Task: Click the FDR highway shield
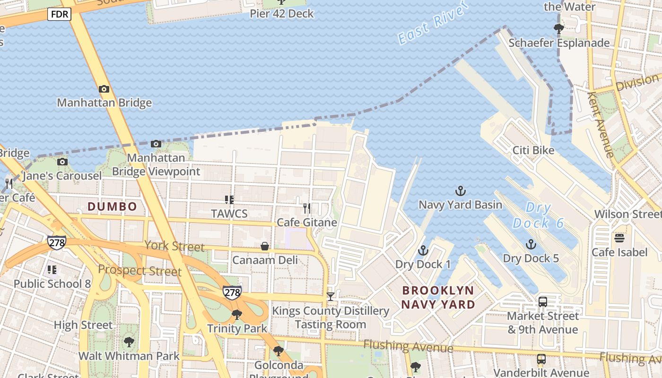click(59, 15)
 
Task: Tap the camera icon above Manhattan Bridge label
click(104, 89)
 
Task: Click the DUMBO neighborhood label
click(113, 206)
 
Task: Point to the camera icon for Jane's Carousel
click(62, 162)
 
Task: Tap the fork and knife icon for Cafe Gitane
click(307, 208)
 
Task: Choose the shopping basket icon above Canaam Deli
click(265, 246)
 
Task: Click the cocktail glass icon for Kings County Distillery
click(331, 297)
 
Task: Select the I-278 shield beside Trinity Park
click(232, 292)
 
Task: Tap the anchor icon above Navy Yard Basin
click(460, 191)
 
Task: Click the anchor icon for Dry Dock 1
click(423, 250)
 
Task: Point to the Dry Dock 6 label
click(539, 215)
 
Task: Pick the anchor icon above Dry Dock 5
click(531, 244)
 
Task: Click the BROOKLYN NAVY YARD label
click(438, 297)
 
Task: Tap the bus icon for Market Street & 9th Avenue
click(543, 301)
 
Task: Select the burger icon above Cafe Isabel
click(619, 238)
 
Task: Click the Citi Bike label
click(533, 150)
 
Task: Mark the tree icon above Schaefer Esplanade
click(559, 29)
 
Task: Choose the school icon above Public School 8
click(52, 270)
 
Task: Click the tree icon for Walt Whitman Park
click(129, 342)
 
